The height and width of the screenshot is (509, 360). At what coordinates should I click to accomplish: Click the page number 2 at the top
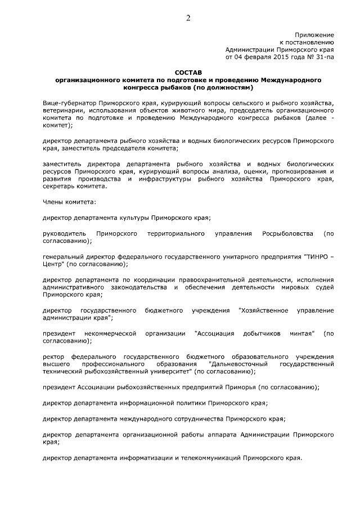coord(188,17)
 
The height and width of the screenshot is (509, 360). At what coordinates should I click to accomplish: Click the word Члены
coord(54,201)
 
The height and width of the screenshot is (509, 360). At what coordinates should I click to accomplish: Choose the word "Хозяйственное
coord(263,310)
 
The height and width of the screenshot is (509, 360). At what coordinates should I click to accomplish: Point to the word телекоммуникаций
coord(210,457)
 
